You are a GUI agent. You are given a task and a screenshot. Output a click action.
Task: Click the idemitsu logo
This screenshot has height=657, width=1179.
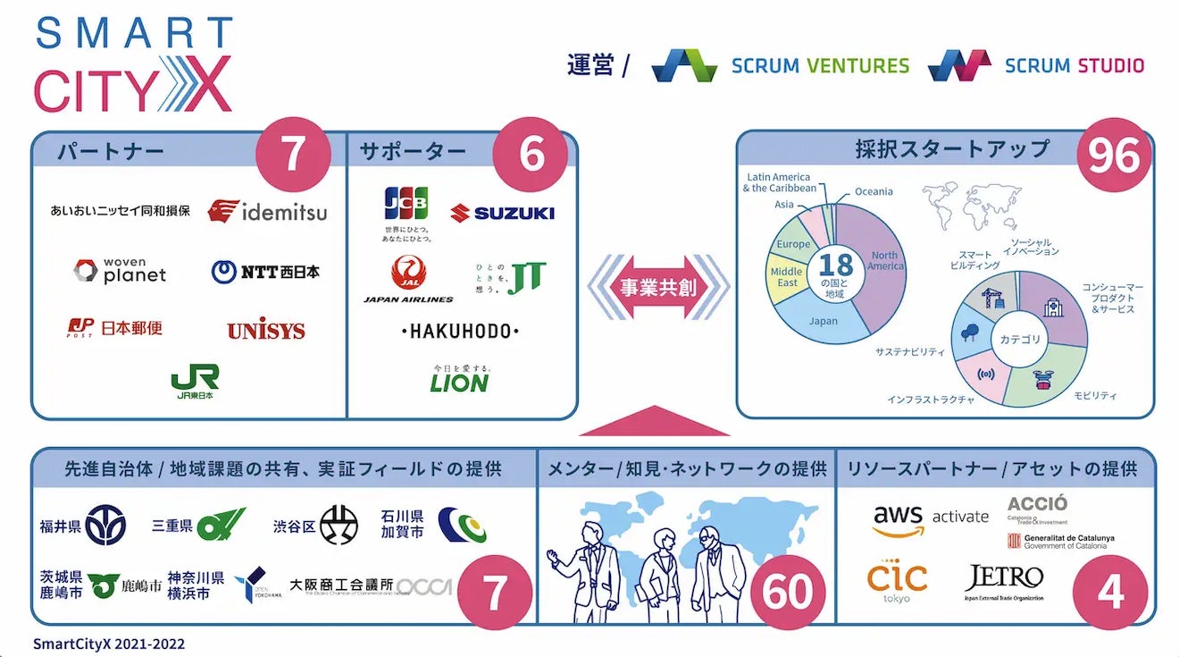[x=267, y=211]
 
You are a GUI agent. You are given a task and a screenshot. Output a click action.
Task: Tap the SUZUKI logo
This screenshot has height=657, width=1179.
[x=502, y=213]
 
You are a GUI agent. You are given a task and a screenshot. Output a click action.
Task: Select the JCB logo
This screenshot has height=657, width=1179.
[x=406, y=205]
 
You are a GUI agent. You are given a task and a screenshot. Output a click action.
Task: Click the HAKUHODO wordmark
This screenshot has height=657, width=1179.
[x=460, y=332]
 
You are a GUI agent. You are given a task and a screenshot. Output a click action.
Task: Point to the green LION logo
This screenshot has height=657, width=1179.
[x=459, y=382]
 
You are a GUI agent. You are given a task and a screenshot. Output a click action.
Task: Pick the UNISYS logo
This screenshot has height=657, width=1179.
[x=266, y=331]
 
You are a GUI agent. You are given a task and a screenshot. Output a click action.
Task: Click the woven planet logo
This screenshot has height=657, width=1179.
[x=121, y=271]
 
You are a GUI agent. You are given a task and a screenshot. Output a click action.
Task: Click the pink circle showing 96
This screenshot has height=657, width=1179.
[x=1114, y=157]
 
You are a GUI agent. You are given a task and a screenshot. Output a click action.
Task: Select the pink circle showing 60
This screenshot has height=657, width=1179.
[x=787, y=591]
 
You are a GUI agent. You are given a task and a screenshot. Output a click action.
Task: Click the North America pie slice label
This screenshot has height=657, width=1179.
[x=885, y=261]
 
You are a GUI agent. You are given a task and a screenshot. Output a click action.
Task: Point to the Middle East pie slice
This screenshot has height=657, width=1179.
[x=786, y=277]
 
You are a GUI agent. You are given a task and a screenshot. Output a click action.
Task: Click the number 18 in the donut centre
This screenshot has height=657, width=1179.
[x=836, y=265]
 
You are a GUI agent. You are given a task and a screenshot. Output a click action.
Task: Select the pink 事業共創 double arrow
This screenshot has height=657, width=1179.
[x=658, y=288]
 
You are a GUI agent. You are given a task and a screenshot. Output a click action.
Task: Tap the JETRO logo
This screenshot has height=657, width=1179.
[x=1004, y=581]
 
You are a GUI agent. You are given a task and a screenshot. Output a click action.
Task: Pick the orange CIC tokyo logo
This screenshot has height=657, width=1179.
[x=897, y=581]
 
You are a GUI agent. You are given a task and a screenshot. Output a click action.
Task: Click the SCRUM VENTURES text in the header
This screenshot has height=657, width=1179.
[x=820, y=65]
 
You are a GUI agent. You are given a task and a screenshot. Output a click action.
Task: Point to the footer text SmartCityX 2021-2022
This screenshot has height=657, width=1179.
[x=109, y=644]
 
